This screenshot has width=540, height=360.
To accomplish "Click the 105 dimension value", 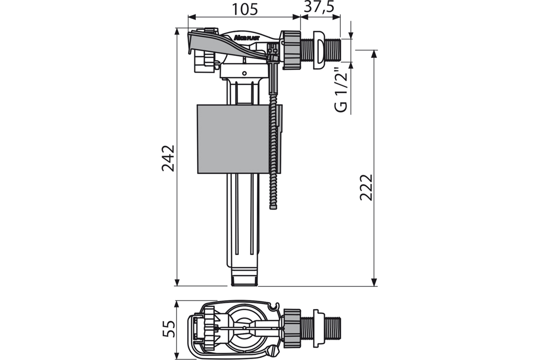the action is (245, 9).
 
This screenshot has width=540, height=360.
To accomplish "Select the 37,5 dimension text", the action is (319, 7).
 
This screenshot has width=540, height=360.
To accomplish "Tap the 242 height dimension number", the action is (168, 158).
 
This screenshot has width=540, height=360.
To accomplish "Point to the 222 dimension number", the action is (366, 187).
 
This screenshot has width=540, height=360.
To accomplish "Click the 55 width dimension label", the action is (168, 329).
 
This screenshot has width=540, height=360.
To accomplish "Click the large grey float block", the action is (233, 139).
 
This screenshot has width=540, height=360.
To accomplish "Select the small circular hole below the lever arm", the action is (244, 73).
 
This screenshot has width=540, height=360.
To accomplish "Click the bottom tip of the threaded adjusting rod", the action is (273, 208).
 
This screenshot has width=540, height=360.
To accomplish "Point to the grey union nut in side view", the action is (291, 50).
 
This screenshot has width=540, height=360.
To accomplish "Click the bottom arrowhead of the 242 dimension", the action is (177, 282).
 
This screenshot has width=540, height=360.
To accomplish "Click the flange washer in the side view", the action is (318, 50).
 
